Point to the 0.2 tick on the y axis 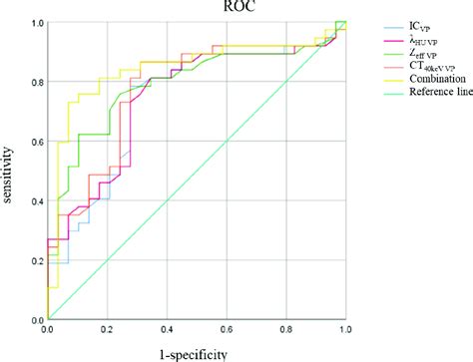(x=35, y=260)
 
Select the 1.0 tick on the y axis (x=35, y=22)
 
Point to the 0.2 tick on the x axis (x=107, y=328)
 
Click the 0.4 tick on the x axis (x=167, y=328)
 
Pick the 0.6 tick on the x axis (x=227, y=328)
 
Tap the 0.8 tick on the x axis (x=286, y=328)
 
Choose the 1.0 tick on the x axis (x=345, y=328)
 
